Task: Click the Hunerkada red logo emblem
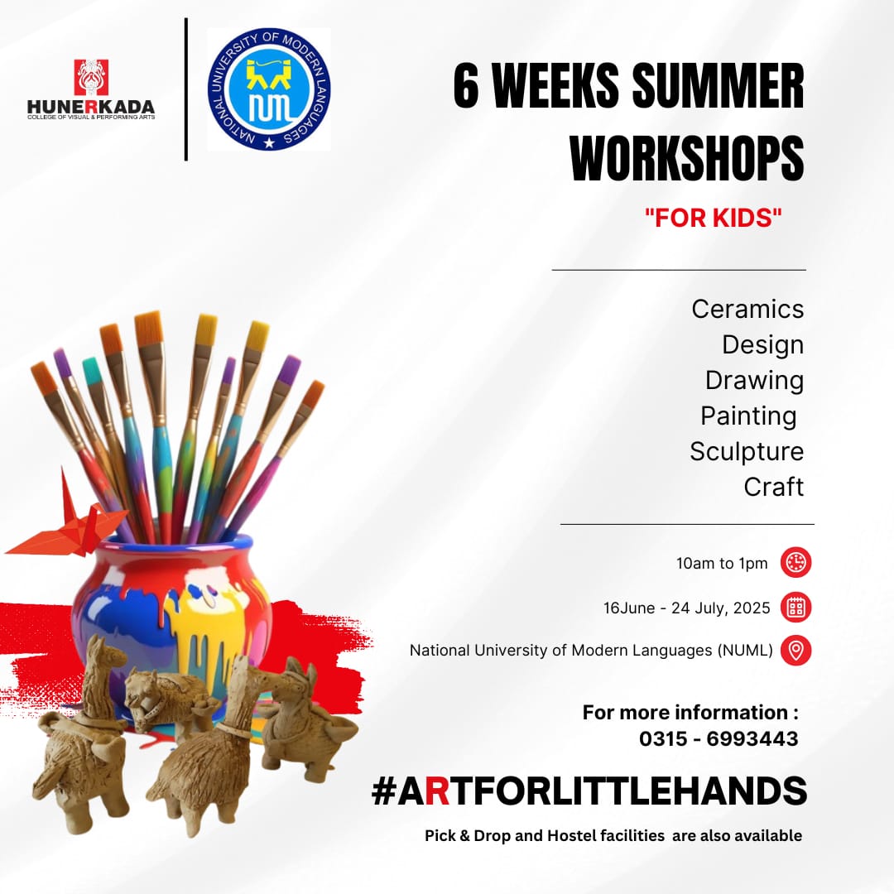point(91,77)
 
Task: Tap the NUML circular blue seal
point(269,89)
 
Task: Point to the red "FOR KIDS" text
point(714,218)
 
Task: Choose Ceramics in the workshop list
point(747,309)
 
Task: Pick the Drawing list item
point(754,381)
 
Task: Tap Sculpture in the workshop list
point(747,452)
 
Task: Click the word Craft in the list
point(774,487)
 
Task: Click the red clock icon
point(796,563)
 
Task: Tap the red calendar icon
point(796,608)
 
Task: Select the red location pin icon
point(796,651)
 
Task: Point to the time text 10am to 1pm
point(722,564)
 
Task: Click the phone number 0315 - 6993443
point(719,739)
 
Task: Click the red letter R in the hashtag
point(437,791)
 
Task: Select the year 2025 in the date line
point(752,608)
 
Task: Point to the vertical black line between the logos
point(186,89)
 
